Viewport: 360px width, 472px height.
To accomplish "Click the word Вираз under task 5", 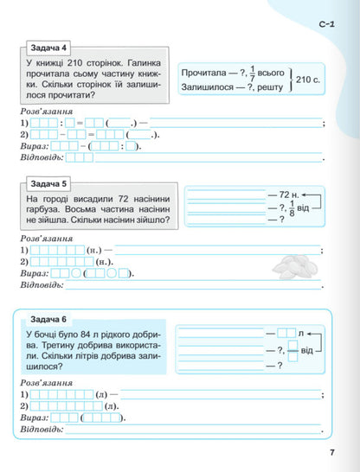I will click(33, 273).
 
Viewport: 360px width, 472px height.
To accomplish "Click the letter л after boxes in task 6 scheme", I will click(300, 333).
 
